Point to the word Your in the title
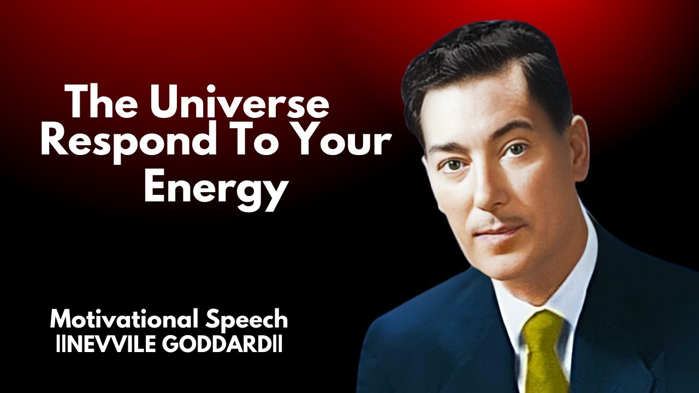[x=344, y=143]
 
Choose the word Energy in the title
[x=216, y=187]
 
